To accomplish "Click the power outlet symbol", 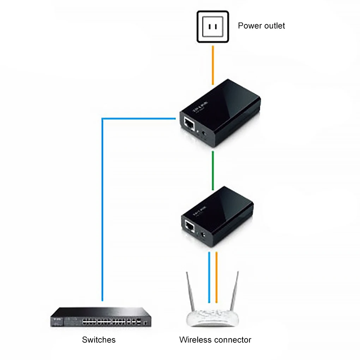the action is pos(213,27).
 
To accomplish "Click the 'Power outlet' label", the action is pos(261,26).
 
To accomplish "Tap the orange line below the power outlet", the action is pos(213,65).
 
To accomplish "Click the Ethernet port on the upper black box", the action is pos(189,124).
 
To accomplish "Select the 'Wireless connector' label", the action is pos(215,340).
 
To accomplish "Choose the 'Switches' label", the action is pos(98,340).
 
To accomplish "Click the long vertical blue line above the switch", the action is pos(102,212).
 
